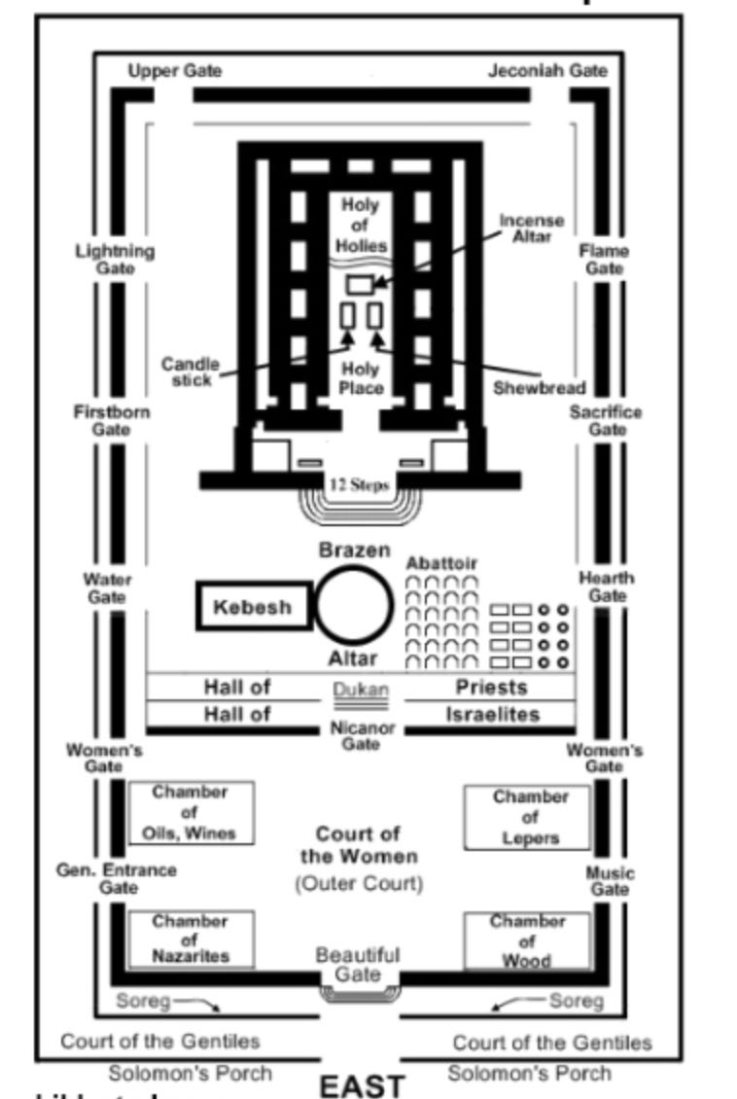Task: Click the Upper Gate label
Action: point(175,71)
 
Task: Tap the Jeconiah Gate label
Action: point(547,71)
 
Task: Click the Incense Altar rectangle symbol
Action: point(361,284)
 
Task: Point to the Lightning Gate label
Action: point(115,259)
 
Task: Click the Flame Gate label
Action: point(604,259)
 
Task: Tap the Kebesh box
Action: point(253,608)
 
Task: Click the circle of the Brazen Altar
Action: point(354,605)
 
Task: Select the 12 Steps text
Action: point(359,484)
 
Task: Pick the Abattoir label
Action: point(441,563)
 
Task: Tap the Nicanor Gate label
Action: point(361,736)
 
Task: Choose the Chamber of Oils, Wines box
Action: point(191,813)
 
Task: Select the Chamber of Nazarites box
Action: point(191,939)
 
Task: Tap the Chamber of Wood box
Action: point(527,940)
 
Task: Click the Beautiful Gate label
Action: point(358,965)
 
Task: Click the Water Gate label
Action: point(107,588)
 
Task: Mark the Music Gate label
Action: point(609,881)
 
